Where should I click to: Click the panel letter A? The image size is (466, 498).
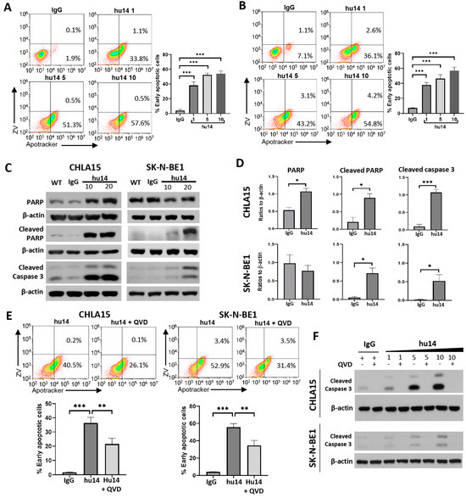point(7,7)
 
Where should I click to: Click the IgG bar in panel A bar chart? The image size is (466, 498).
point(179,111)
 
